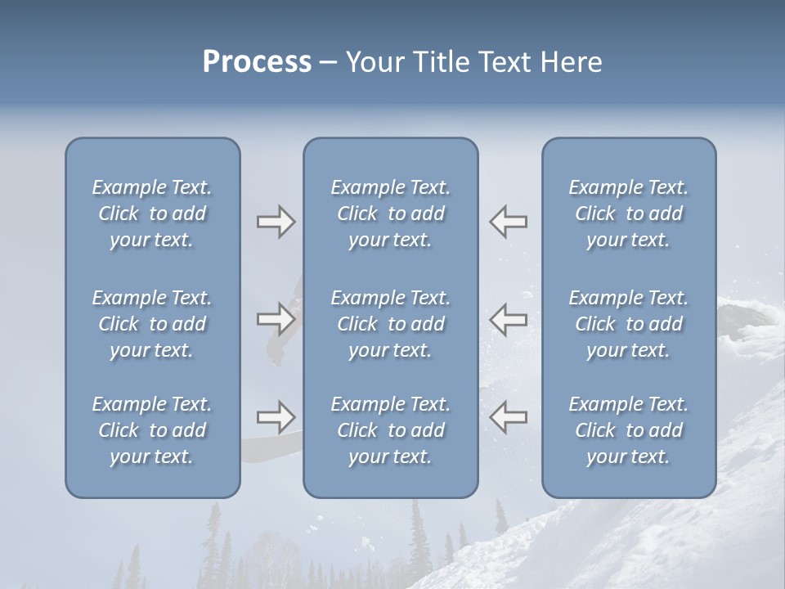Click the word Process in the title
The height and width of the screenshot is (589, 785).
257,62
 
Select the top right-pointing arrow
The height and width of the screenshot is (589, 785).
276,222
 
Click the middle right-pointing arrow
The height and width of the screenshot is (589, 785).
276,319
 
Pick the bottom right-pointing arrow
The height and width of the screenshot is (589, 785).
276,417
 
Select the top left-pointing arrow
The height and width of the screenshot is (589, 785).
509,222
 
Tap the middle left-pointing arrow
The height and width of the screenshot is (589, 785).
509,319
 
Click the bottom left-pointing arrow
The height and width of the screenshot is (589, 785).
509,417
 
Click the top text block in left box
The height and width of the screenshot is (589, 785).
152,214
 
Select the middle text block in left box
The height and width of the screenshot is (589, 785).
152,324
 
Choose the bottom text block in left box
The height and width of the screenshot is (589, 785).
152,430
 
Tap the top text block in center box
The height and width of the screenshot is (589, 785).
391,214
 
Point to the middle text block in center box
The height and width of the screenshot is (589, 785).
391,324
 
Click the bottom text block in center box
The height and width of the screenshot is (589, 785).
391,430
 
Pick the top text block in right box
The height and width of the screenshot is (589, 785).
629,214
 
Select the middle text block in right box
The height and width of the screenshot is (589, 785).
629,324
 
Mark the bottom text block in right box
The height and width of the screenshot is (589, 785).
629,430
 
